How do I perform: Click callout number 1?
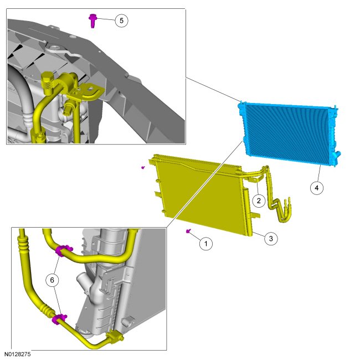tap(205, 243)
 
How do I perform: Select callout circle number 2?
tap(258, 199)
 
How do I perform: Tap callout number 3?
tap(270, 239)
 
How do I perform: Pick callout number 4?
tap(316, 188)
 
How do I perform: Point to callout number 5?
tap(121, 20)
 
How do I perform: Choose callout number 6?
tap(53, 281)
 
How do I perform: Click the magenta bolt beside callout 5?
tap(92, 21)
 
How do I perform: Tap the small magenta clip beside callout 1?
tap(189, 232)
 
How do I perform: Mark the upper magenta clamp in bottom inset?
tap(63, 251)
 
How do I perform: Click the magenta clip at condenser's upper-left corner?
tap(143, 166)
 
